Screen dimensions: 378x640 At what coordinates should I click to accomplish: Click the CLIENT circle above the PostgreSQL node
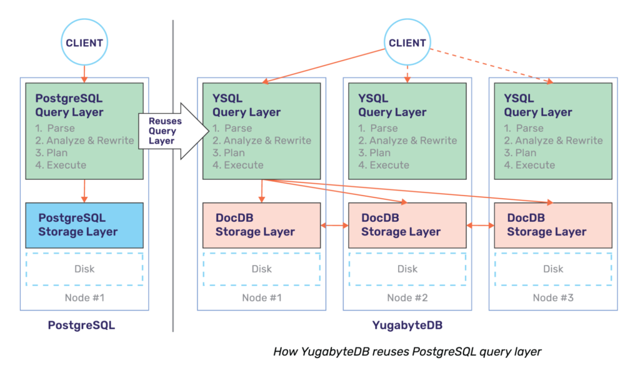pyautogui.click(x=84, y=43)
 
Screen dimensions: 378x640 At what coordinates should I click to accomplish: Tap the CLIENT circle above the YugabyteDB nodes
pyautogui.click(x=407, y=43)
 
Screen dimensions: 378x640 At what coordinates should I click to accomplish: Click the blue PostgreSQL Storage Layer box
pyautogui.click(x=84, y=225)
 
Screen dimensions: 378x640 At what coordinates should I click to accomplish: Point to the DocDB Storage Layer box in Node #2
pyautogui.click(x=407, y=225)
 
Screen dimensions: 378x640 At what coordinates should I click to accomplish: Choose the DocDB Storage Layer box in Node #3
pyautogui.click(x=552, y=225)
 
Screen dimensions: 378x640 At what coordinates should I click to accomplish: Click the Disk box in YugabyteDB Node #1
pyautogui.click(x=261, y=269)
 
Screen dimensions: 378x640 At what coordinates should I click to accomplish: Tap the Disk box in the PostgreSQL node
pyautogui.click(x=84, y=269)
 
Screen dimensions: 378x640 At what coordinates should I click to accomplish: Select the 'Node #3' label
pyautogui.click(x=552, y=297)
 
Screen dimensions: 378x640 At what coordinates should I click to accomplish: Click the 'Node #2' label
pyautogui.click(x=407, y=297)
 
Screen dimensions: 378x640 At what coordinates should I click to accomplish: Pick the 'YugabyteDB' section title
pyautogui.click(x=407, y=326)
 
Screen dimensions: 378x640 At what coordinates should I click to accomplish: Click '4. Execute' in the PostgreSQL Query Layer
pyautogui.click(x=61, y=165)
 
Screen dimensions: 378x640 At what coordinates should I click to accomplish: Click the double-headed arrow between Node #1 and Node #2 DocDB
pyautogui.click(x=334, y=225)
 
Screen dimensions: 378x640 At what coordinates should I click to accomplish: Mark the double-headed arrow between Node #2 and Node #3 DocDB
pyautogui.click(x=480, y=225)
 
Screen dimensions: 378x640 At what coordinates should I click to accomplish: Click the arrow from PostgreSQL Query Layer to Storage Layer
pyautogui.click(x=84, y=191)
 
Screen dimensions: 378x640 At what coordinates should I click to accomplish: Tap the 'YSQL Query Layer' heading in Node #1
pyautogui.click(x=246, y=106)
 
